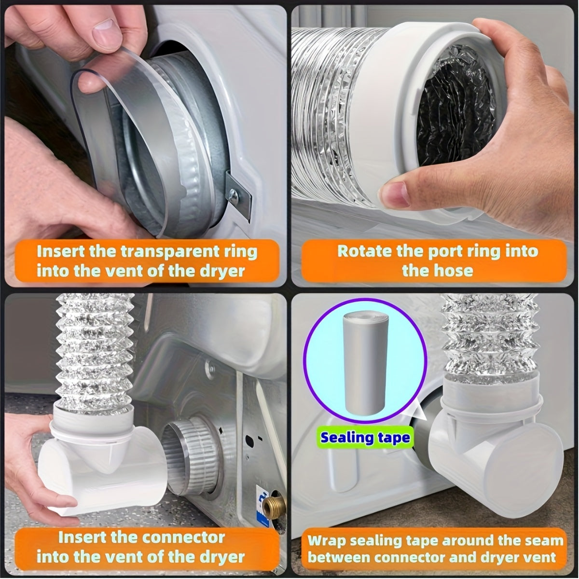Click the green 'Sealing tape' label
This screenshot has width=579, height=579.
[365, 438]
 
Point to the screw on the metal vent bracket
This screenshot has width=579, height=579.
[233, 195]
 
